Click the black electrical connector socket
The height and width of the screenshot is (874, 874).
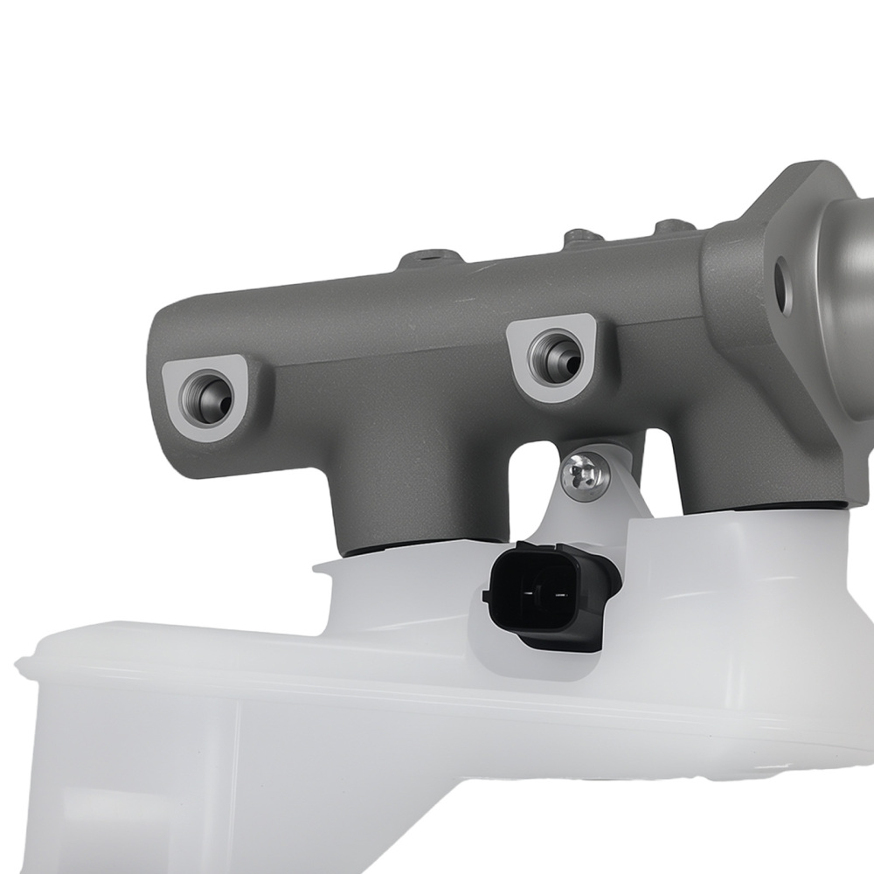point(545,594)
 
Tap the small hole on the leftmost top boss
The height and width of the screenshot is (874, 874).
point(429,257)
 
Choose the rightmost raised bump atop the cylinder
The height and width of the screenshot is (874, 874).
point(673,226)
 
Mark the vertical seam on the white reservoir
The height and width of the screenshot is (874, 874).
point(237,769)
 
